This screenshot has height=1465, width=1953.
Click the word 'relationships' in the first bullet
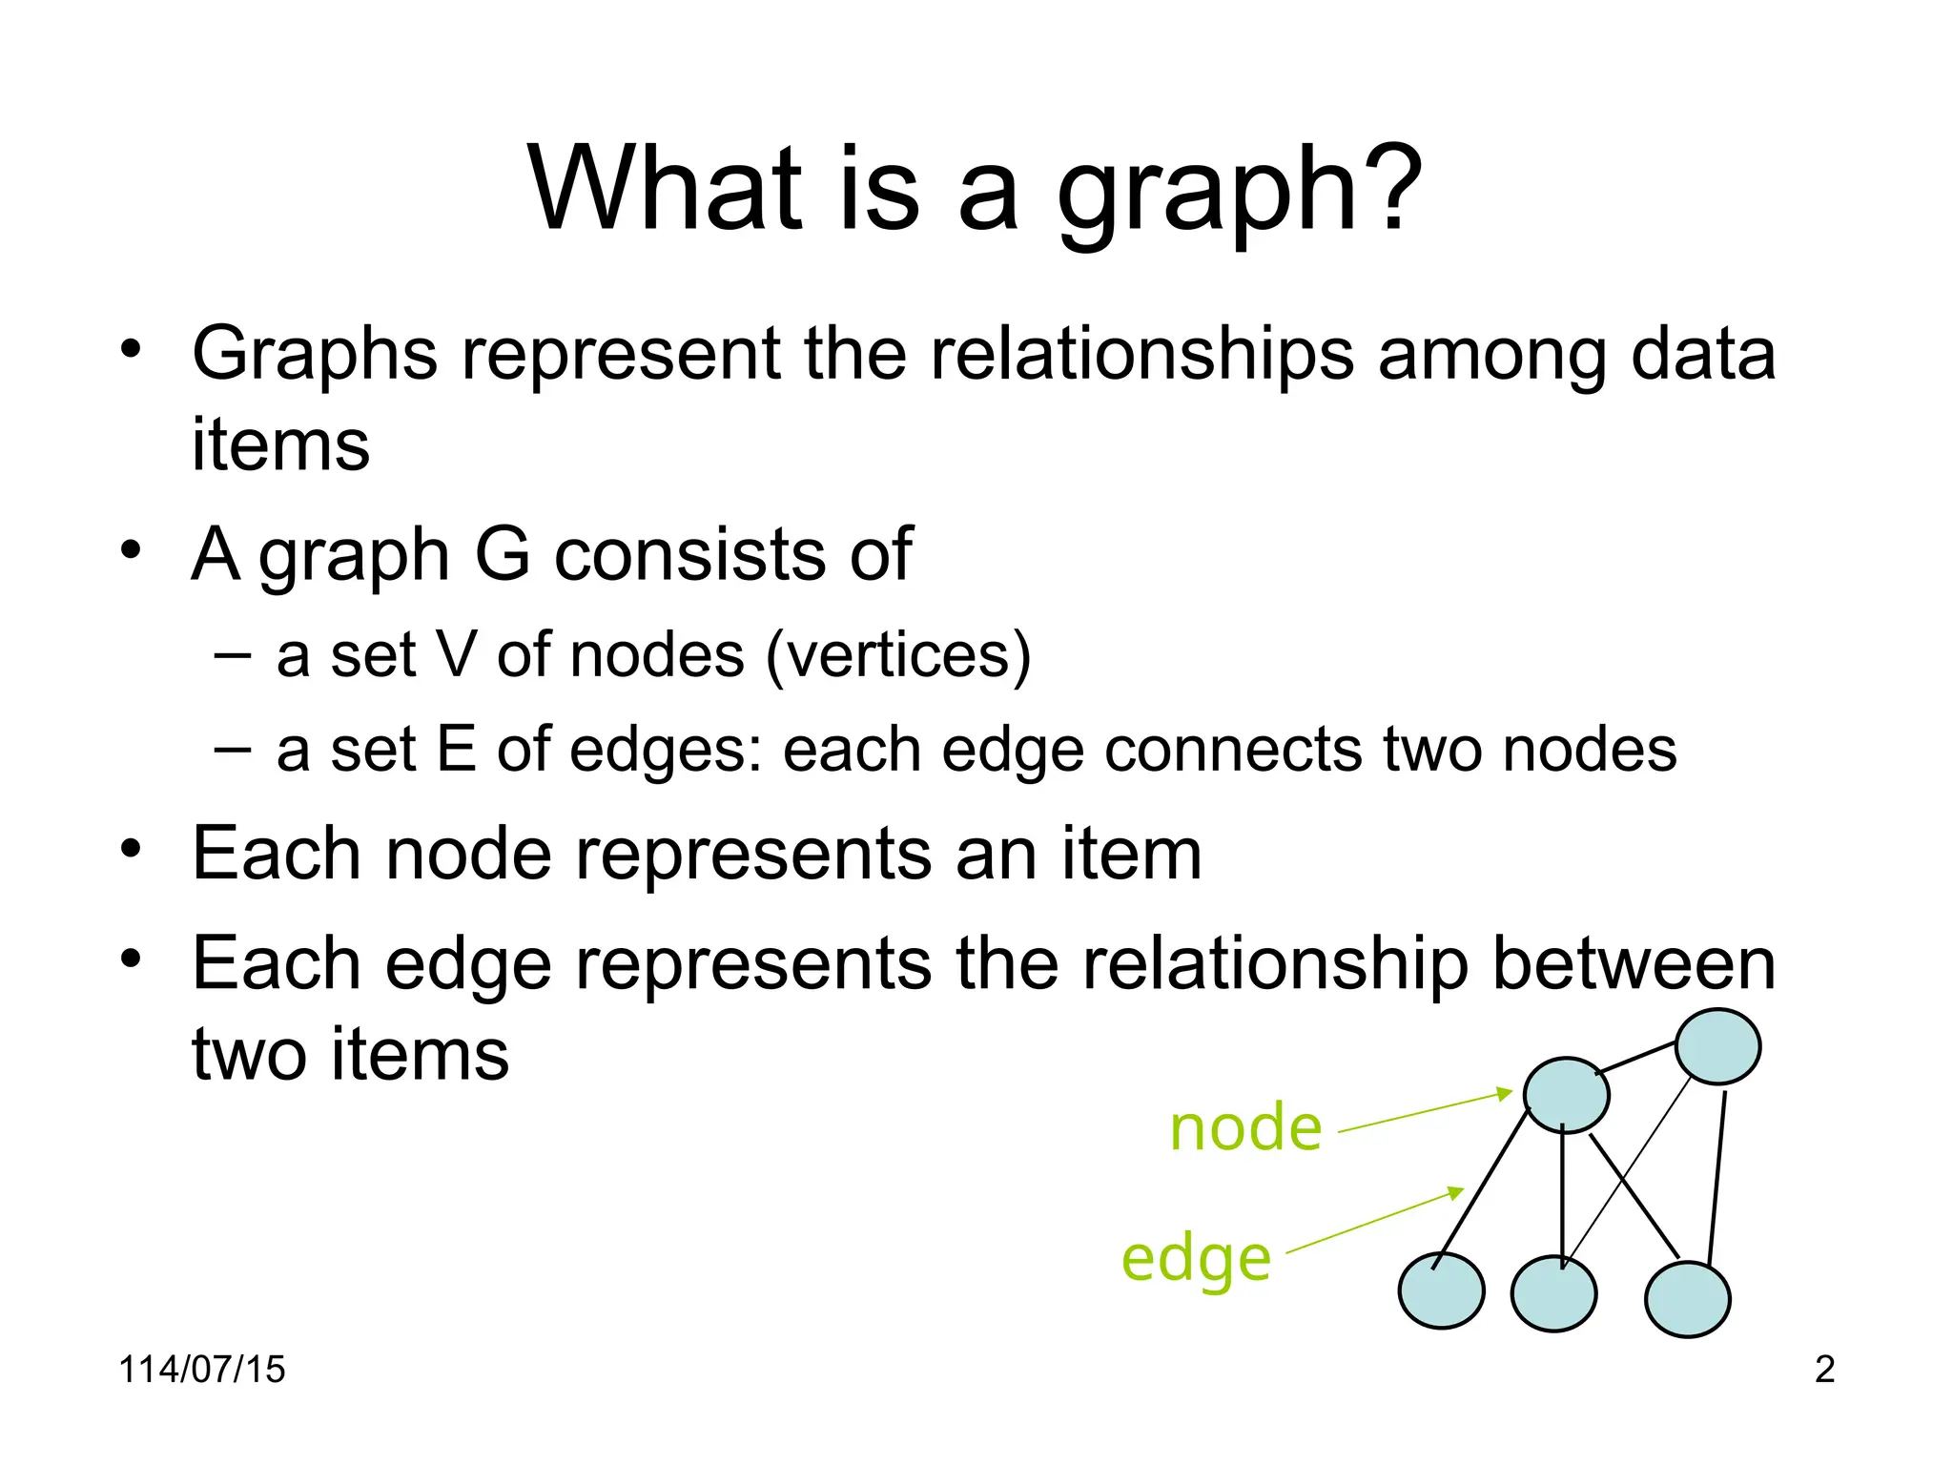pyautogui.click(x=1141, y=354)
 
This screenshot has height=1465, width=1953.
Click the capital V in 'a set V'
pyautogui.click(x=456, y=655)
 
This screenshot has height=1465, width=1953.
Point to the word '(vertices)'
pyautogui.click(x=898, y=656)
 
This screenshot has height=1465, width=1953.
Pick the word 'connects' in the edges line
pyautogui.click(x=1235, y=749)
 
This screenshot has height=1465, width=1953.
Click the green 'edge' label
pyautogui.click(x=1196, y=1259)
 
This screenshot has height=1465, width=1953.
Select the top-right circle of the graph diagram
pyautogui.click(x=1717, y=1046)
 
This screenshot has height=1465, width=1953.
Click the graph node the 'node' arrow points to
pyautogui.click(x=1566, y=1095)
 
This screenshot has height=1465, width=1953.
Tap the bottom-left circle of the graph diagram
pyautogui.click(x=1441, y=1290)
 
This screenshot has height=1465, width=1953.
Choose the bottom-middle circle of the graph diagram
pyautogui.click(x=1553, y=1294)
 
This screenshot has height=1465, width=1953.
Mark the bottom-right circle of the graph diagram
pyautogui.click(x=1687, y=1299)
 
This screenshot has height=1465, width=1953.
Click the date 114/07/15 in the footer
pyautogui.click(x=201, y=1370)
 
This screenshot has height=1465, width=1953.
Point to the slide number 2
pyautogui.click(x=1824, y=1370)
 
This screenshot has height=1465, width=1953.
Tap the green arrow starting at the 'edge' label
pyautogui.click(x=1374, y=1221)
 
